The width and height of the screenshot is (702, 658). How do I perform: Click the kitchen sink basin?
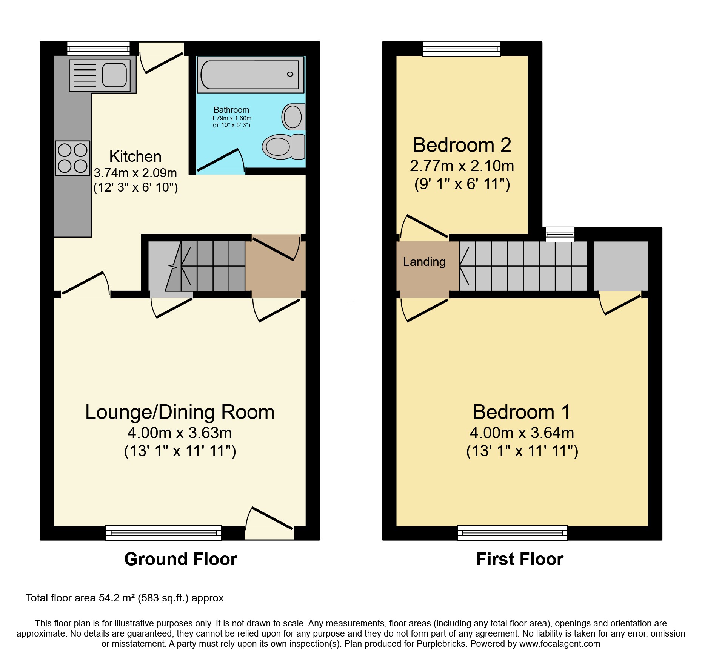(114, 75)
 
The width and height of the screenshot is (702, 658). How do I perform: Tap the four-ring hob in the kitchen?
(72, 158)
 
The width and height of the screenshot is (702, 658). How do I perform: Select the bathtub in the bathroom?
(250, 75)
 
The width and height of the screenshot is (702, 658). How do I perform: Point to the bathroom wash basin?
(293, 117)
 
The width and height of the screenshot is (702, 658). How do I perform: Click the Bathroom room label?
(231, 110)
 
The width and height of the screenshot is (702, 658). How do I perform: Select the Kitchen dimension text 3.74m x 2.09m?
(135, 173)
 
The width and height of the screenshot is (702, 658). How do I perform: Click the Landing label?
(424, 262)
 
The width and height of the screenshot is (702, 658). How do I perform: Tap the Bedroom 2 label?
(462, 145)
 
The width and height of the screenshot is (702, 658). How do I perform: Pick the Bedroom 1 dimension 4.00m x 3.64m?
(522, 433)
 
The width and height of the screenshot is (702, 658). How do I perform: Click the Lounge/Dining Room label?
(180, 412)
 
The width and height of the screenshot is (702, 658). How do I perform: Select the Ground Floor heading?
(180, 559)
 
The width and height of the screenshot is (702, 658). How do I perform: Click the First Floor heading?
(520, 559)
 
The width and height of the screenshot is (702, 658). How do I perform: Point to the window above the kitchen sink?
(99, 48)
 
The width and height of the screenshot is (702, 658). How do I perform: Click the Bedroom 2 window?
(461, 49)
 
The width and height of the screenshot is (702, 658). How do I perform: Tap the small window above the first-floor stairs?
(560, 234)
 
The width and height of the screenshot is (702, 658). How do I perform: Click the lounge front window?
(163, 532)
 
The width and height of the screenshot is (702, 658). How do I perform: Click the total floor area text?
(125, 598)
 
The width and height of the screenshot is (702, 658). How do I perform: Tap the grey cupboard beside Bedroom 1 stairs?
(620, 266)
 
